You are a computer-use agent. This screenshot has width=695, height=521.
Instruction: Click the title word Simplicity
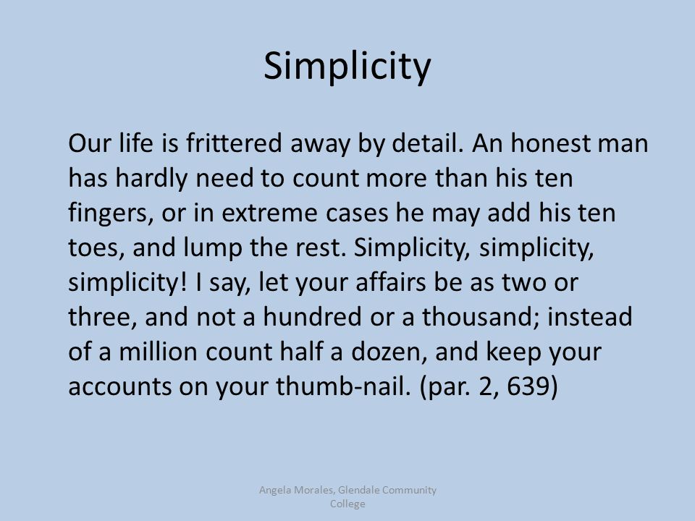tap(347, 67)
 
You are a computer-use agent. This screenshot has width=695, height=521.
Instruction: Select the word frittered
tap(234, 143)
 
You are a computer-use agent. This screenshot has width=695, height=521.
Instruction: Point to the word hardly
tap(151, 178)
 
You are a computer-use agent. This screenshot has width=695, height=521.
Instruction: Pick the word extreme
tap(269, 213)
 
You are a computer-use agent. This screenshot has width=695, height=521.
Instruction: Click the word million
tap(158, 352)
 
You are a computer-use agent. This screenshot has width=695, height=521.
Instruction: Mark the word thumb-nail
tap(342, 386)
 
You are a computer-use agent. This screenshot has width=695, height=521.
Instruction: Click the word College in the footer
tap(347, 504)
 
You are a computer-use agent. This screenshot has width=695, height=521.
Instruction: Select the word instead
tap(589, 317)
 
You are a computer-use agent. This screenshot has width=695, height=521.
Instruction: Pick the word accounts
tap(119, 386)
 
